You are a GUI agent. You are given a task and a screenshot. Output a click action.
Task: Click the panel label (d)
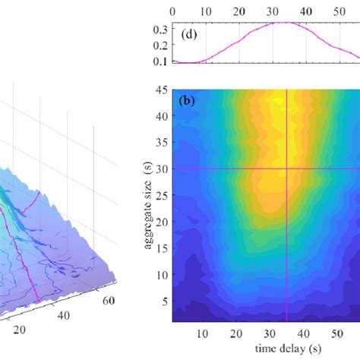[189, 34]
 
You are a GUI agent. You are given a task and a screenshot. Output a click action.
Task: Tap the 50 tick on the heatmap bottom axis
[336, 333]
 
